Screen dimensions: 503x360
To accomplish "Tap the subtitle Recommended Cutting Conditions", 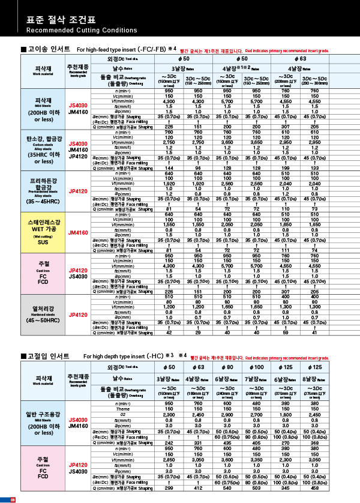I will click(73, 30).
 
